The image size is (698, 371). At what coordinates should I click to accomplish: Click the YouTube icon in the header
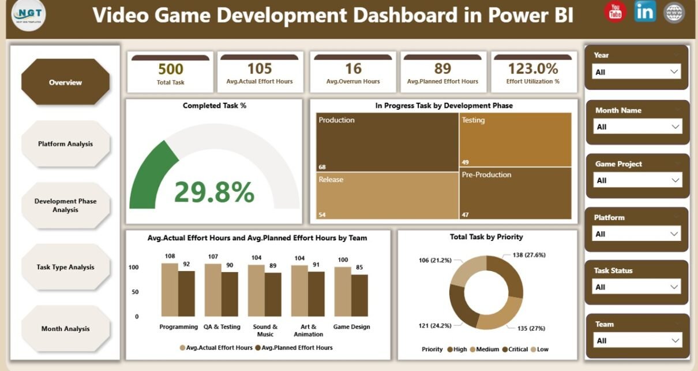click(x=615, y=12)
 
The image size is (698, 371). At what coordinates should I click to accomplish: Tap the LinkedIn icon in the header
click(x=645, y=12)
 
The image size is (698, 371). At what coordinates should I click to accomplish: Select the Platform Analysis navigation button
click(x=65, y=144)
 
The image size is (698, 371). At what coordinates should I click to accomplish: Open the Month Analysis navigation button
click(x=65, y=329)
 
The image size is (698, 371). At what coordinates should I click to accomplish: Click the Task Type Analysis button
click(x=65, y=267)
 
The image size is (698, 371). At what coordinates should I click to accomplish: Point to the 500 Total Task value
click(x=171, y=69)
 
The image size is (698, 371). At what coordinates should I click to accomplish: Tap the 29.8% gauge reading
click(x=214, y=192)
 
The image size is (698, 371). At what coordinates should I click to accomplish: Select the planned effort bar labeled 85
click(x=359, y=295)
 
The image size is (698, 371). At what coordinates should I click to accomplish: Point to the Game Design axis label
click(x=352, y=327)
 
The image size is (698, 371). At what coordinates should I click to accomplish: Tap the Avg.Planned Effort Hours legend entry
click(x=297, y=348)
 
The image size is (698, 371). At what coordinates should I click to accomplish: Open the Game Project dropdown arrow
click(x=674, y=180)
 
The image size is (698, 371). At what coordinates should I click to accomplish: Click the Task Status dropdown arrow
click(x=673, y=287)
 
